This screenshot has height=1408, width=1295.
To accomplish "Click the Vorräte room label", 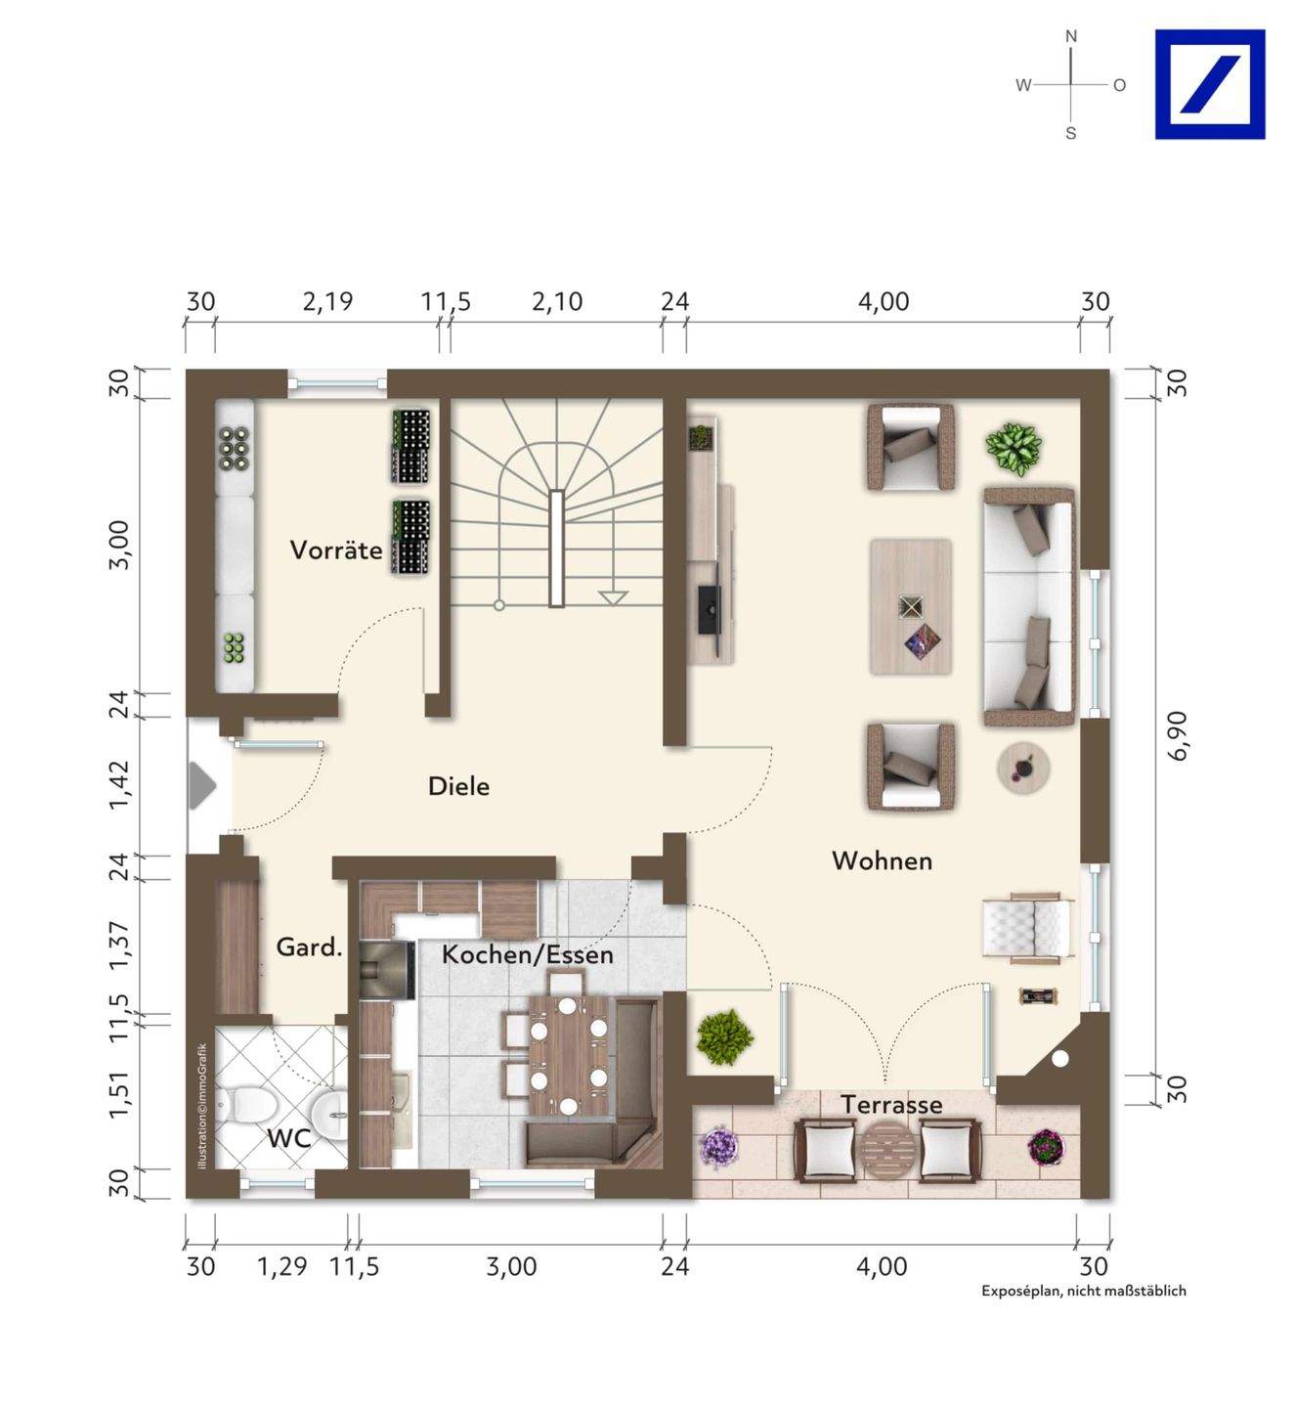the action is coord(336,550).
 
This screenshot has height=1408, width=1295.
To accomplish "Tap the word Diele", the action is coord(459,786).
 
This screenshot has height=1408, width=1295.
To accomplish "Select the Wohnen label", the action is coord(883,860).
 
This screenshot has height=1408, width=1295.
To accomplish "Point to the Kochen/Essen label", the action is coord(528,954).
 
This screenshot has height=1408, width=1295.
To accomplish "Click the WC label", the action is coord(288,1138).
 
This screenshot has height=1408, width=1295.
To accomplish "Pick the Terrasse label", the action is coord(891,1105).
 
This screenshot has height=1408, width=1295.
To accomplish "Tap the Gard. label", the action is coord(310,947).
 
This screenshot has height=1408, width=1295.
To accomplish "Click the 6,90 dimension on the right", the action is coord(1180,735).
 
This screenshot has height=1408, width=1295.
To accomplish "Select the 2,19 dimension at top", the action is coord(327,302).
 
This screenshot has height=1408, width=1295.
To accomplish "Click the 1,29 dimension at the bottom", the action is coord(282,1266).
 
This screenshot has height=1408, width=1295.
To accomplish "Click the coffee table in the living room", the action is coord(911,606).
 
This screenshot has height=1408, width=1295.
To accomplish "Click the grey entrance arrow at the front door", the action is coord(202,786).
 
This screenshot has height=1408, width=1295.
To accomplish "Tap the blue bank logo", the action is coord(1210,84).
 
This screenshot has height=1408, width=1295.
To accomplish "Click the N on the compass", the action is coord(1071,36).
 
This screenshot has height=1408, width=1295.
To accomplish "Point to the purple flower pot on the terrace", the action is coord(717,1148).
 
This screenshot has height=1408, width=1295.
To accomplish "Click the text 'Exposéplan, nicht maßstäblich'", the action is coord(1084,1290).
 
